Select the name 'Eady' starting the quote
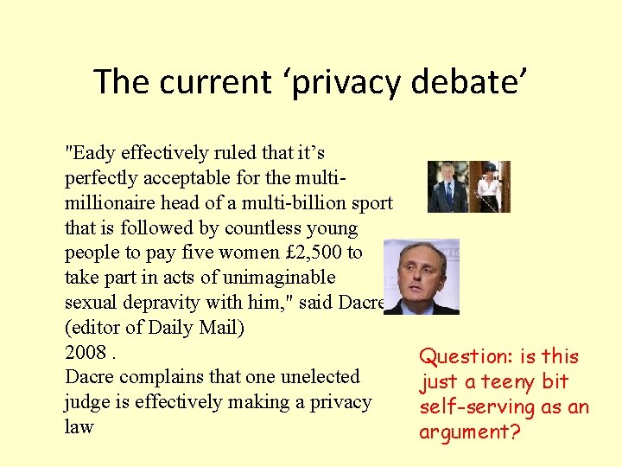[92, 153]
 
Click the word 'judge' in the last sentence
[86, 402]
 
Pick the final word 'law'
[79, 427]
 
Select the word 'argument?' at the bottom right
[470, 431]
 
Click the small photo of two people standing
[468, 187]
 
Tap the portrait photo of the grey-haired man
[421, 277]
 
